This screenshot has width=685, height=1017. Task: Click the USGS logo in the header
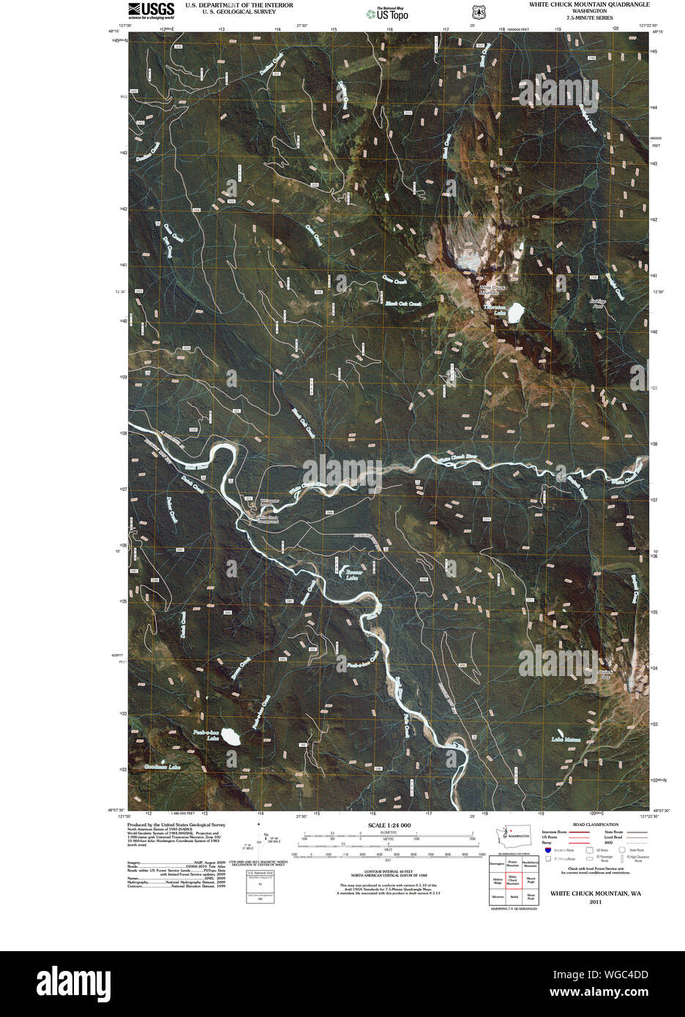[x=151, y=10]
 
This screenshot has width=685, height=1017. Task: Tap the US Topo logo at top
[x=388, y=12]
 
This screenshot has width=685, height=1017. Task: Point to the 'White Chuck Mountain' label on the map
[x=493, y=290]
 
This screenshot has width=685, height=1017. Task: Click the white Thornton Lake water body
[x=515, y=312]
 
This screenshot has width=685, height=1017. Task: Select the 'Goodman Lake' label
[x=162, y=767]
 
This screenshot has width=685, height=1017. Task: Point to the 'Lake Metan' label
[x=566, y=740]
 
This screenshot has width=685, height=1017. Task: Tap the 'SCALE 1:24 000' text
[x=384, y=825]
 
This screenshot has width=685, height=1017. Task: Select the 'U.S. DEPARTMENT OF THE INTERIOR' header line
[x=239, y=4]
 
